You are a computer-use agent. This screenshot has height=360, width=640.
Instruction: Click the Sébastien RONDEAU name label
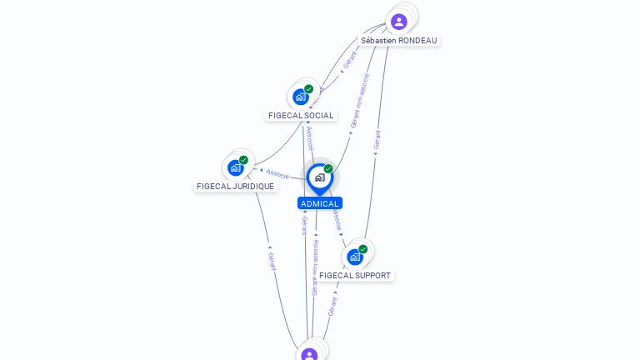399,40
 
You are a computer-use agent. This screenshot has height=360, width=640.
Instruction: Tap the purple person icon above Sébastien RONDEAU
399,22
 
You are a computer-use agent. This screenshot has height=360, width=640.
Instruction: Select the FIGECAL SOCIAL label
301,115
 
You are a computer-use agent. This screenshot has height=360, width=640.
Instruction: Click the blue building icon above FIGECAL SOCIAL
301,97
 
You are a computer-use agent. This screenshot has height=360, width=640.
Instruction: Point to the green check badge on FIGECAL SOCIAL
309,89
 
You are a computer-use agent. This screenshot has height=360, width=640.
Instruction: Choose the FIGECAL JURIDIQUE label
235,186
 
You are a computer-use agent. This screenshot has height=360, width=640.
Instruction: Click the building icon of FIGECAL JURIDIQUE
236,167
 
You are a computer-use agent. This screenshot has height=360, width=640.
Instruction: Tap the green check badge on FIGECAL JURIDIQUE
243,160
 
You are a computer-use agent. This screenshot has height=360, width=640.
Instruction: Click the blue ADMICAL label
320,203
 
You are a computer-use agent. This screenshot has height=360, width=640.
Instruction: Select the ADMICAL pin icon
319,177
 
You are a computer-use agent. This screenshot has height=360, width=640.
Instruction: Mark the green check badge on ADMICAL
328,169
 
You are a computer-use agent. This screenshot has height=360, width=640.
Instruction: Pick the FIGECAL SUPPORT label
355,275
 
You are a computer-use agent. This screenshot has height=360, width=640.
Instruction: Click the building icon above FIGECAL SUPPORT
355,257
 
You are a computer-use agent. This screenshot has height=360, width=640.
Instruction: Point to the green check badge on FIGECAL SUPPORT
363,249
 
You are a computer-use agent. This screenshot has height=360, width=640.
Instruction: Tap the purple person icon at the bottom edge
309,354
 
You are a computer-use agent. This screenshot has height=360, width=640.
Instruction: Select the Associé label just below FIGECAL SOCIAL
310,136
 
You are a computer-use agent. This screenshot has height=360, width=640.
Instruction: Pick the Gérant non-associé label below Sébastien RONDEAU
358,100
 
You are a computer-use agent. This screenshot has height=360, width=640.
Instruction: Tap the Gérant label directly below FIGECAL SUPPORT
332,306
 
